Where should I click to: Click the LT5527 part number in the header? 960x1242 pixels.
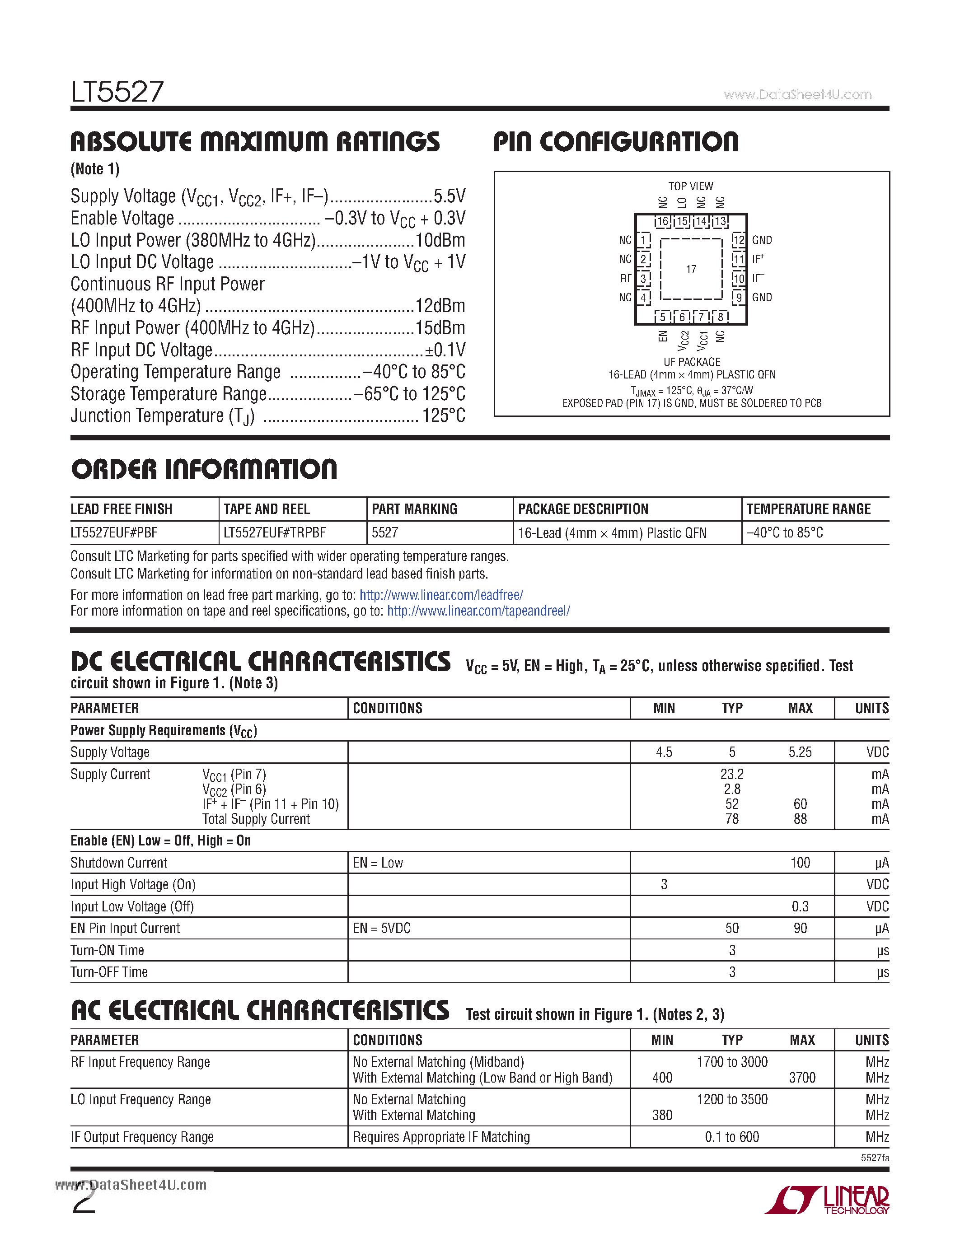point(117,92)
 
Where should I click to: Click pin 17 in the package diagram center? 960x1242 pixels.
point(690,269)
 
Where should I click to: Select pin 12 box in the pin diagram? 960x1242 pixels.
point(738,240)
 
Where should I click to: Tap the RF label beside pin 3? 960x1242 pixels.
point(626,278)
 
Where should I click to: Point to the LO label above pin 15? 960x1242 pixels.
point(682,202)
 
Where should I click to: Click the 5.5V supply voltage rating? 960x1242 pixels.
point(450,196)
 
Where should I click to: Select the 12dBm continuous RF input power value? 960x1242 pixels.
point(440,306)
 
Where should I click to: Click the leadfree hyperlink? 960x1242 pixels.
point(441,595)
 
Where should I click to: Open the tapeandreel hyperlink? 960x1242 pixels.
point(478,611)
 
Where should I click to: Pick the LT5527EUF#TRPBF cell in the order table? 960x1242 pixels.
point(275,533)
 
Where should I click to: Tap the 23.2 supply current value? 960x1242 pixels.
point(731,774)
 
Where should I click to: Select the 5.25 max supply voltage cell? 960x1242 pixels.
point(800,752)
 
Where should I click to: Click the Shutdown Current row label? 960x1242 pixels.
point(119,863)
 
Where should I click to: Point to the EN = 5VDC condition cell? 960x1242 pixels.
point(382,928)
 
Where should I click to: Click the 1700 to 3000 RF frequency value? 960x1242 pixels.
point(732,1062)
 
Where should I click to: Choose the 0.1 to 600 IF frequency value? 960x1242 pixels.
point(731,1137)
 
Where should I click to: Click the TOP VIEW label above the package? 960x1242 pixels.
point(690,186)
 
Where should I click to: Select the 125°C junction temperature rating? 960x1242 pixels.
point(444,416)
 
